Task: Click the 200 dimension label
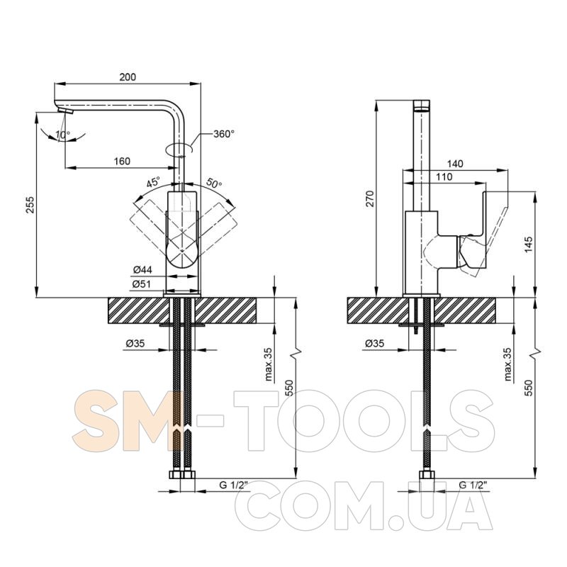point(128,77)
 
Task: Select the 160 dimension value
point(122,161)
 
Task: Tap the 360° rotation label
point(224,134)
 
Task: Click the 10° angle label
point(63,135)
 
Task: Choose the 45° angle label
point(153,182)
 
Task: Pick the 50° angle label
point(214,183)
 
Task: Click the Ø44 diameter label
point(142,269)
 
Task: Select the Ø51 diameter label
point(141,284)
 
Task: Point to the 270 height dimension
point(370,198)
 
